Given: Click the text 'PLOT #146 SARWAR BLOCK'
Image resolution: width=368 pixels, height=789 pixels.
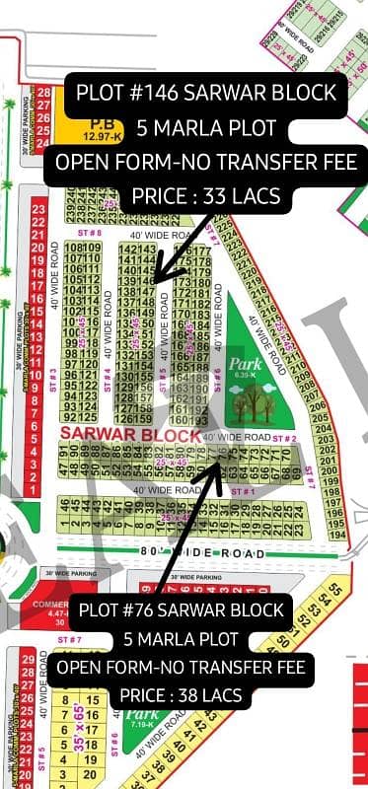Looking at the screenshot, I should pos(206,94).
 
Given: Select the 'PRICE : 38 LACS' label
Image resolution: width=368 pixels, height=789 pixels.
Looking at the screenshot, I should pos(180,695).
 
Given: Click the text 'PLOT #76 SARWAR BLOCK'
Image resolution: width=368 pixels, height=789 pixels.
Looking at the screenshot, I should pos(183,610).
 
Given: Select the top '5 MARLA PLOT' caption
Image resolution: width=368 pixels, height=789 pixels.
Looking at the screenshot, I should pos(206,128).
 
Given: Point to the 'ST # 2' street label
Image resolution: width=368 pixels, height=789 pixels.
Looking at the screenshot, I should pos(284,437).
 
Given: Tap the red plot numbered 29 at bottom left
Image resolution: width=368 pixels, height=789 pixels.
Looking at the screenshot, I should pos(28,658).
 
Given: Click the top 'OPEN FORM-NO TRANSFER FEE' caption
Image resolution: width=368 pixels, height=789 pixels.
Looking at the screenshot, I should pos(206,163).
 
